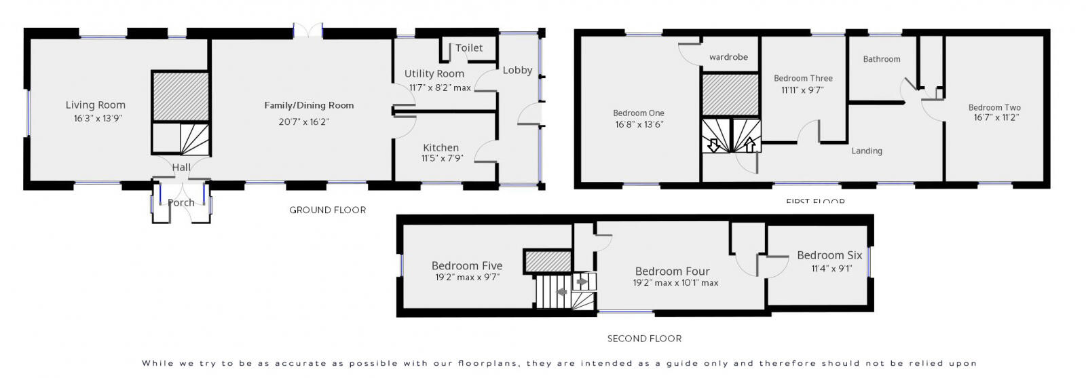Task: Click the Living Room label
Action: (96, 105)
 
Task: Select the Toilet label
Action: (469, 48)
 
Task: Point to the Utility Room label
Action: (434, 74)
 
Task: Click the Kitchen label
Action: (441, 148)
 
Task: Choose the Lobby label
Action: (517, 71)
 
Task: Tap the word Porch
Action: (181, 203)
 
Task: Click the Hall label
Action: (181, 168)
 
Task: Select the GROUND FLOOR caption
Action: (327, 210)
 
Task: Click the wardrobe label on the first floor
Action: (728, 57)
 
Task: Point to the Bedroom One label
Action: (639, 113)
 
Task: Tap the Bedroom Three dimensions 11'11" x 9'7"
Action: (802, 90)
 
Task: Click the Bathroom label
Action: (882, 60)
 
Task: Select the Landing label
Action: (867, 151)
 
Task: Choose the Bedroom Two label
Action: (994, 107)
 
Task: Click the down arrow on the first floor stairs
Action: (714, 145)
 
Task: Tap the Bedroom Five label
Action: (467, 266)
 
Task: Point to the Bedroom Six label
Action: (829, 256)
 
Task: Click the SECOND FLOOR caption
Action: (644, 339)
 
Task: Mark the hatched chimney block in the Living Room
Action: (180, 96)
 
